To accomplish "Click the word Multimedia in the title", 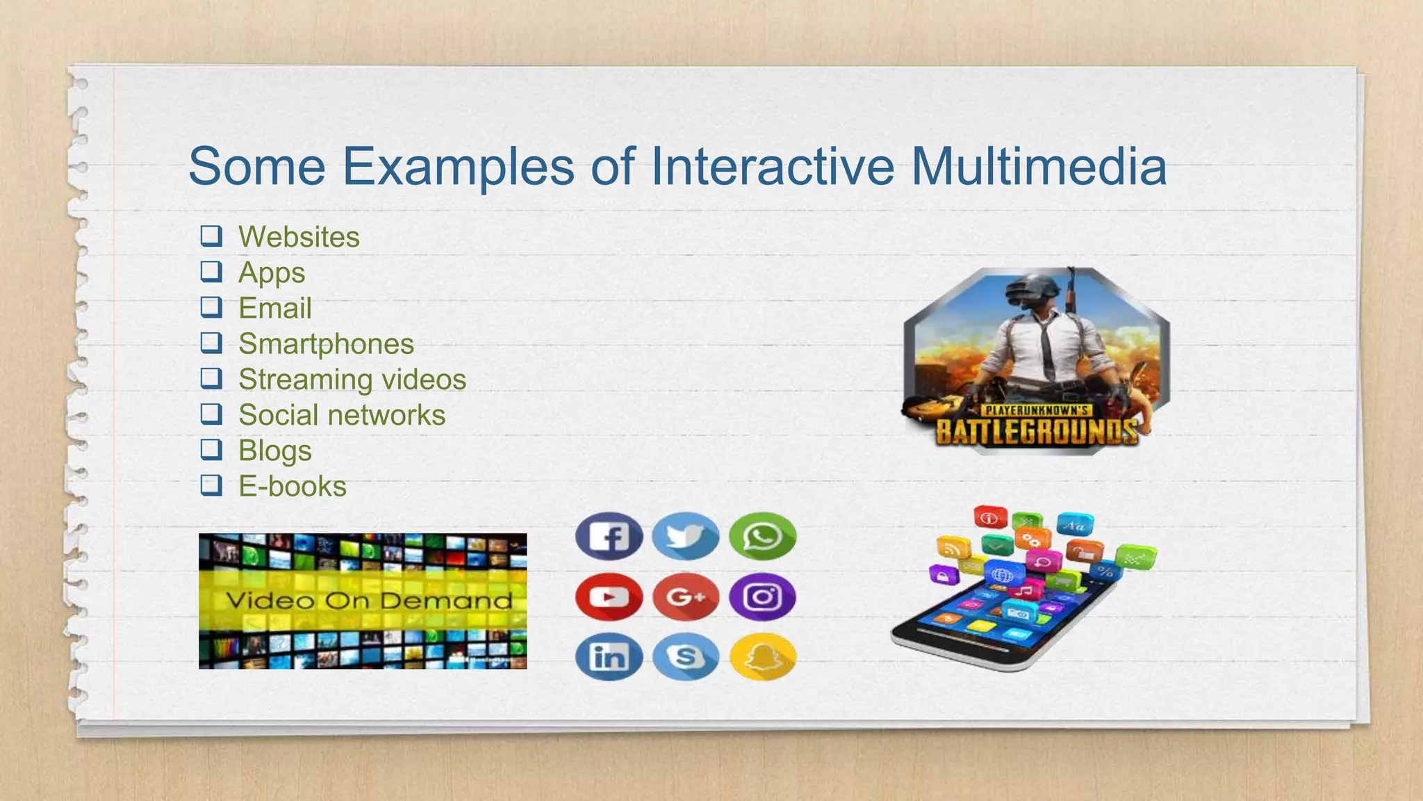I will pyautogui.click(x=1038, y=167).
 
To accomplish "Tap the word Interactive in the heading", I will pyautogui.click(x=772, y=167).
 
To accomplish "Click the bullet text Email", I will pyautogui.click(x=275, y=308).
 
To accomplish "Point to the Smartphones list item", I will pyautogui.click(x=326, y=343).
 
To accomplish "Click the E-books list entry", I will pyautogui.click(x=293, y=486).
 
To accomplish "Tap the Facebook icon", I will pyautogui.click(x=609, y=536).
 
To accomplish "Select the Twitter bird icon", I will pyautogui.click(x=686, y=536).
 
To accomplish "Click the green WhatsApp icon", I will pyautogui.click(x=763, y=536).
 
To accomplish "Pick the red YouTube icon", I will pyautogui.click(x=609, y=597).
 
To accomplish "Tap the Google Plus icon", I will pyautogui.click(x=686, y=597).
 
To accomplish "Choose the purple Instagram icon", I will pyautogui.click(x=763, y=597).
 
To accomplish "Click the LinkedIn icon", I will pyautogui.click(x=609, y=656).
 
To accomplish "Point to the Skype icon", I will pyautogui.click(x=686, y=656).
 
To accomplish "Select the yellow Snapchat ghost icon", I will pyautogui.click(x=763, y=656).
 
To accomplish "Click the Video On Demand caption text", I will pyautogui.click(x=369, y=601).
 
